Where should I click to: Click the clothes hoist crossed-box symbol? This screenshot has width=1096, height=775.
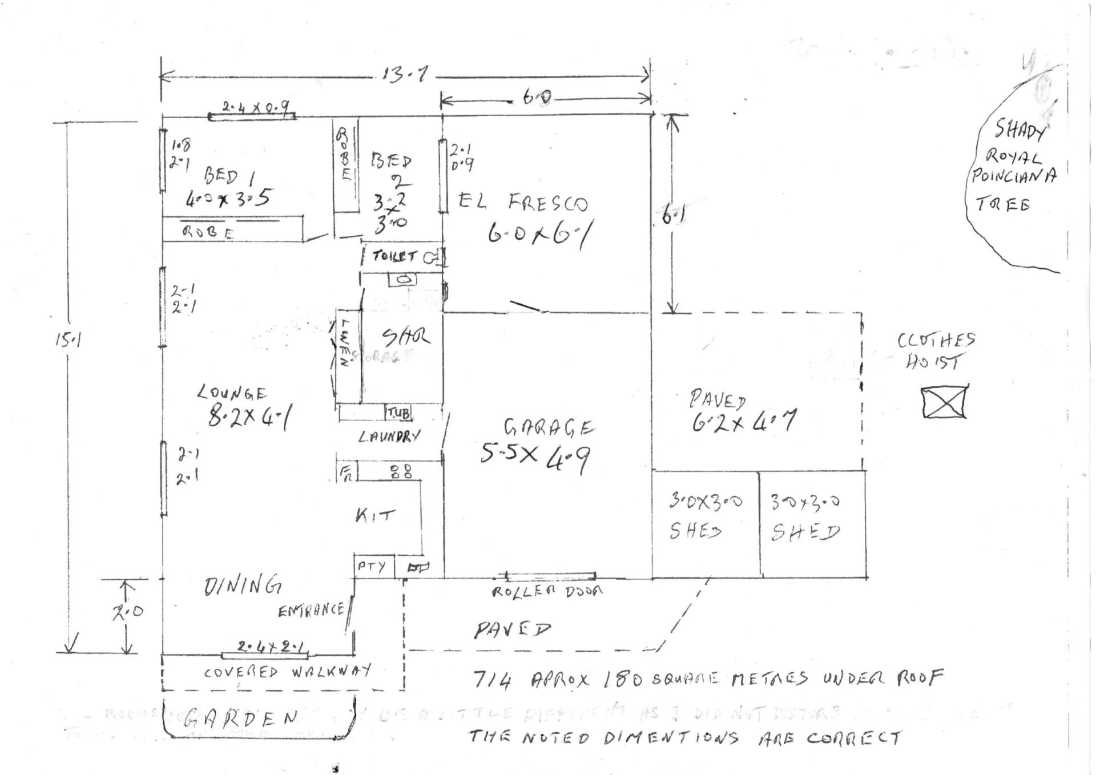[945, 402]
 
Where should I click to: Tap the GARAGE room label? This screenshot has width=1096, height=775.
[549, 427]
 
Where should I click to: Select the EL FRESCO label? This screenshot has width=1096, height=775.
[523, 203]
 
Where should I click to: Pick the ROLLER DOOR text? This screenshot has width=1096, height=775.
[547, 591]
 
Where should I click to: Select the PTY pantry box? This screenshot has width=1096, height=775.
[372, 567]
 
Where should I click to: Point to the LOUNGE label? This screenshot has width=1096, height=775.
[232, 393]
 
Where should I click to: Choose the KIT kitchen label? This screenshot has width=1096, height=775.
[374, 516]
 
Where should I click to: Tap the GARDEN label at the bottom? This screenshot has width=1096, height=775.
[242, 717]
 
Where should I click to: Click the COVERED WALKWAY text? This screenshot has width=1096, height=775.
[287, 671]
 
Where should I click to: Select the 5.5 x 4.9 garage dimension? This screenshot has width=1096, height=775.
[535, 456]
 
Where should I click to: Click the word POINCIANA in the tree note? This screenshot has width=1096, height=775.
[1014, 176]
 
